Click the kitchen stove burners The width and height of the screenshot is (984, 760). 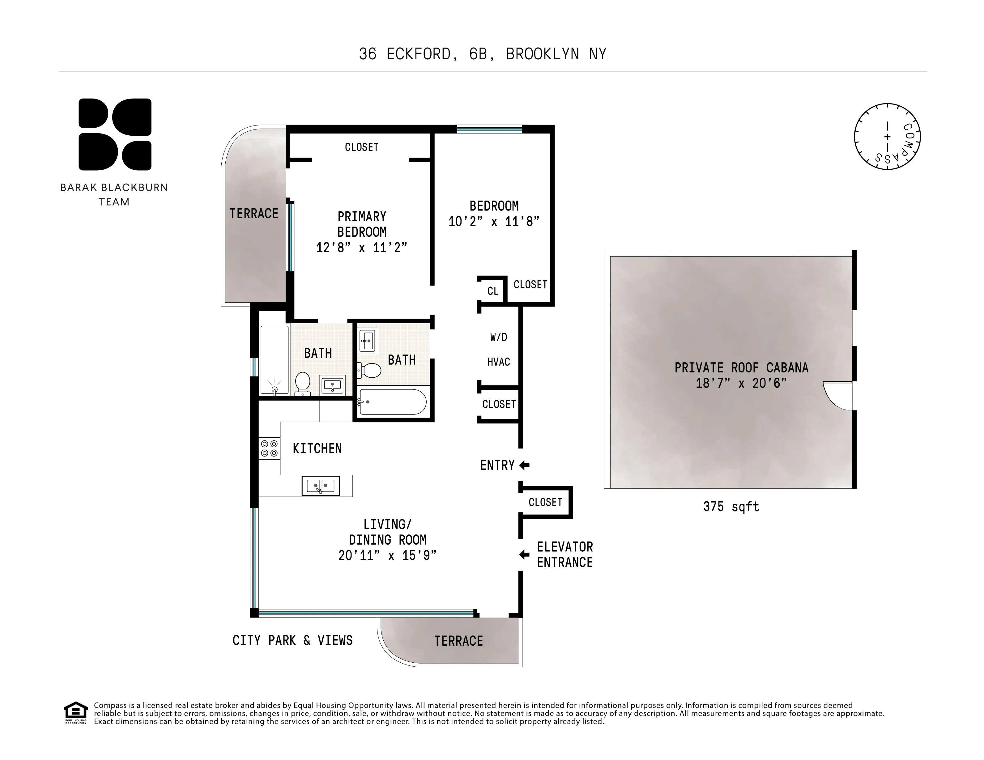tap(269, 449)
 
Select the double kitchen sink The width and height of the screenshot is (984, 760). tap(320, 486)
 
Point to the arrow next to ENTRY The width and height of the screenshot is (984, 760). tap(524, 465)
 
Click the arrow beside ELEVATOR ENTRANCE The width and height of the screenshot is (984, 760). tap(524, 554)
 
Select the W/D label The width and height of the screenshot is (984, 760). tap(498, 337)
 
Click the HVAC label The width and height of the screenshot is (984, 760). tap(498, 362)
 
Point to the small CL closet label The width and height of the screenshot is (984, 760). tap(492, 291)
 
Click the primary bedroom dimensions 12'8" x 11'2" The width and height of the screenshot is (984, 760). tap(361, 247)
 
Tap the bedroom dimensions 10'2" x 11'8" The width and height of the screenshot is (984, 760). tap(494, 222)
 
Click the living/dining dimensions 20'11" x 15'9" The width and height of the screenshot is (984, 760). tap(387, 555)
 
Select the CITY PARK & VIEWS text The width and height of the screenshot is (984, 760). tap(292, 640)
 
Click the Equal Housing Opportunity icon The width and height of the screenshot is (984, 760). tap(76, 713)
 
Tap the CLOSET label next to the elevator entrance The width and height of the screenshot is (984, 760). tap(545, 502)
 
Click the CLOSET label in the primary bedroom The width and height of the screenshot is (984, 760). tap(361, 147)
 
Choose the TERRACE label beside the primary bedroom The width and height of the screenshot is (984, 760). tap(254, 214)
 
